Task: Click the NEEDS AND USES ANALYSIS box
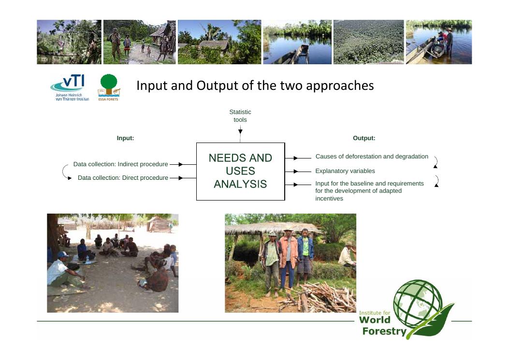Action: coord(241,172)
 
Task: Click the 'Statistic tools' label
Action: coord(240,116)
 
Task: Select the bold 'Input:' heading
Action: coord(125,138)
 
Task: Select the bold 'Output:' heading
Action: coord(364,138)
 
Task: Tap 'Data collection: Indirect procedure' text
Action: coord(121,164)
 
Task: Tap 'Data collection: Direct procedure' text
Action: coord(123,178)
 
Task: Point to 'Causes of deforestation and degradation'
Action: coord(372,157)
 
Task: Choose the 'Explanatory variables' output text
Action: coord(345,171)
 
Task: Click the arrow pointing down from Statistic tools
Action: coord(240,134)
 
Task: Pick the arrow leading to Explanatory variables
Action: coord(298,172)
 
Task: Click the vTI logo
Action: coord(70,87)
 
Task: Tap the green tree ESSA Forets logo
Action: coord(109,87)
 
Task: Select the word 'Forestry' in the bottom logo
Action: coord(384,331)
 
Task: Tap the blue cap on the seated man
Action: coord(62,255)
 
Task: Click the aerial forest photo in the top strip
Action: coord(369,42)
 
